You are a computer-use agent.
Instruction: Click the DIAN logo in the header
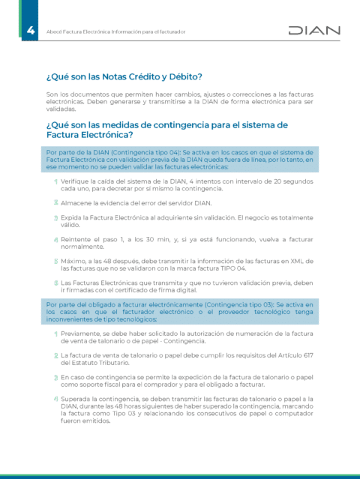[314, 31]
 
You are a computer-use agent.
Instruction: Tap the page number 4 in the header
[30, 31]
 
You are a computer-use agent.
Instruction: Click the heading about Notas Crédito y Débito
[124, 76]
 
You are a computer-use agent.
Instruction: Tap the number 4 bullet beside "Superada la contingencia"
[55, 399]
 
